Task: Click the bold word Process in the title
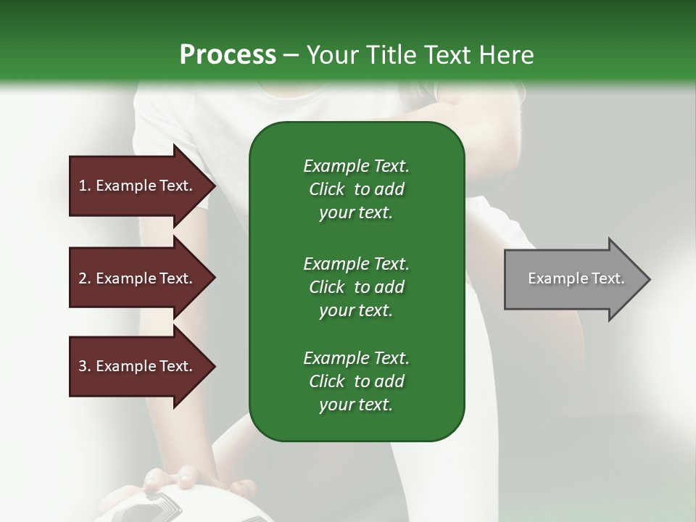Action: pos(228,55)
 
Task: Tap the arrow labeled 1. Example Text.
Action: pos(138,186)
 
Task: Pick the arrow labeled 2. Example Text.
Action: pos(138,278)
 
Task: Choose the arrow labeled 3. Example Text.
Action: pos(138,366)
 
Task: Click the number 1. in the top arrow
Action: pos(85,186)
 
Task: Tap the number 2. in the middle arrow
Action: pos(85,278)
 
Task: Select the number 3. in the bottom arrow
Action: pos(85,366)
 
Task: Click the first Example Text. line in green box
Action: pos(356,166)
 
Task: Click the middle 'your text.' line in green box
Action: pos(356,310)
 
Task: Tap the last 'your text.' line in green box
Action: pos(356,405)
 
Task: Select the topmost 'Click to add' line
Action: pos(356,189)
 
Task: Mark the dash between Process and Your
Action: pos(291,55)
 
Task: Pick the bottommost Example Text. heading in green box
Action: pos(356,358)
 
